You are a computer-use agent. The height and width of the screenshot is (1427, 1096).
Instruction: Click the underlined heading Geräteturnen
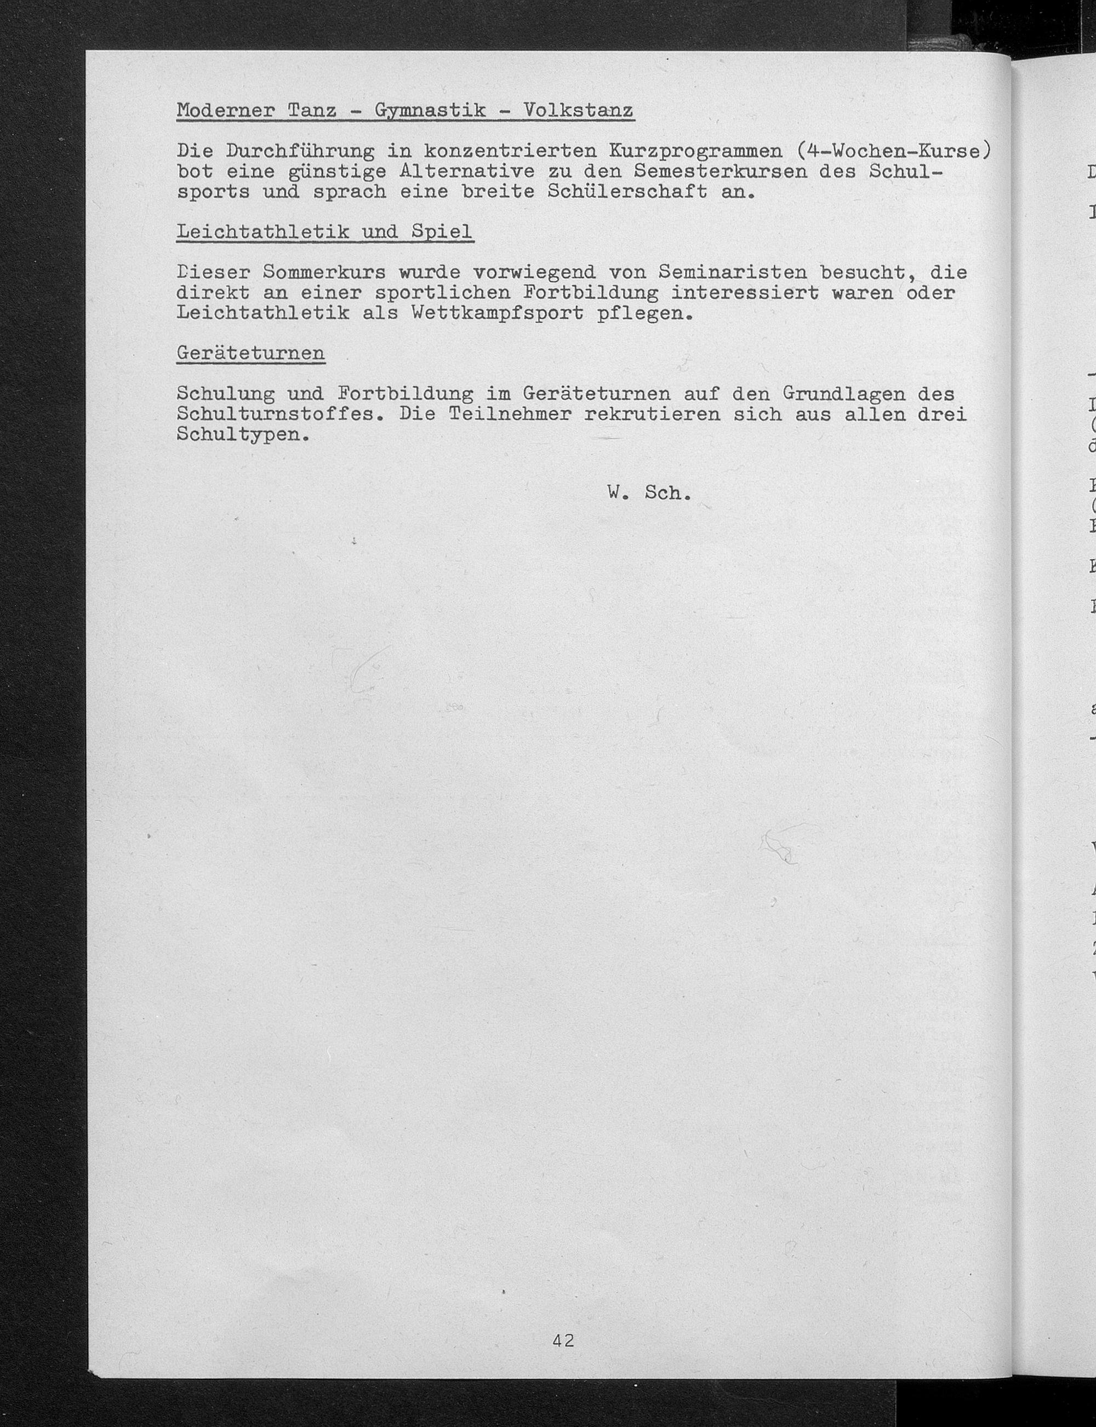point(250,353)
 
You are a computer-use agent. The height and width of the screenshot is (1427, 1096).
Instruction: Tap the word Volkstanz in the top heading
point(578,111)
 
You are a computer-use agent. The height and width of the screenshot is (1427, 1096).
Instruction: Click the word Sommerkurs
point(324,272)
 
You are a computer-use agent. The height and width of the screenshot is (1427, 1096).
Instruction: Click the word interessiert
point(745,293)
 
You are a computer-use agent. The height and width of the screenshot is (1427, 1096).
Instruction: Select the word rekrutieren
point(652,414)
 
